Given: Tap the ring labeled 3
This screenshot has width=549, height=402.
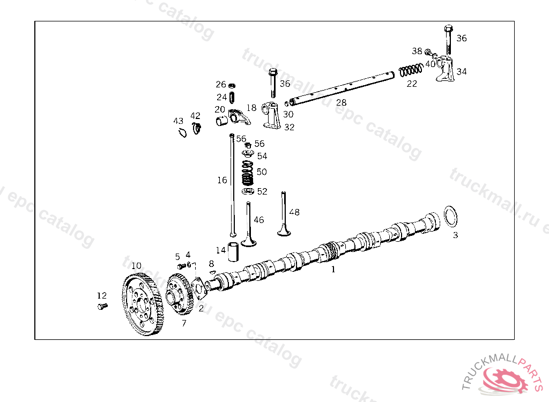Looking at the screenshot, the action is click(450, 217).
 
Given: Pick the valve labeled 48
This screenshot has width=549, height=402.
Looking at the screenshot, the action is click(284, 214).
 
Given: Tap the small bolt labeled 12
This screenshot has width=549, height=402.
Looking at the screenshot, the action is click(102, 306).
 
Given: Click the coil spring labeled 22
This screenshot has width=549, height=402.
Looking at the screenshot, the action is click(411, 70).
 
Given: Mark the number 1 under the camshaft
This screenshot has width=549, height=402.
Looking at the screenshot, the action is click(333, 270).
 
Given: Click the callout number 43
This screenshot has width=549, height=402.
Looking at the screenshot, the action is click(178, 121).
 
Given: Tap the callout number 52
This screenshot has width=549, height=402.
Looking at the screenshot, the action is click(262, 191).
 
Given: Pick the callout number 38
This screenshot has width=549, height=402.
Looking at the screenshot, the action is click(417, 51).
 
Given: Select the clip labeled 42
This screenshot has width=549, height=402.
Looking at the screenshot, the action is click(197, 128).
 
